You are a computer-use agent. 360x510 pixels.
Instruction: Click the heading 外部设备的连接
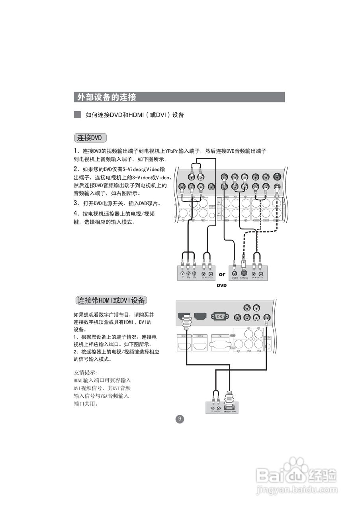coord(107,97)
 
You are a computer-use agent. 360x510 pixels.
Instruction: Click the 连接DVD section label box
coord(90,138)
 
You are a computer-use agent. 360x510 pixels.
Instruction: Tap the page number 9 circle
coord(180,419)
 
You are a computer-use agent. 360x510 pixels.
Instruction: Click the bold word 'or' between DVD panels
coord(222,274)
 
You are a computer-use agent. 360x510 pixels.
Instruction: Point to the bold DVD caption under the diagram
coord(221,286)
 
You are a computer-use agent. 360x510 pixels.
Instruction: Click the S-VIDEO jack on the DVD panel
coord(244,274)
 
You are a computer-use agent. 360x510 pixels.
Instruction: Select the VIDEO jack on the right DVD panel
coord(235,274)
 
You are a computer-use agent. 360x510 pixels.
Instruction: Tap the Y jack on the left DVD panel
coord(182,274)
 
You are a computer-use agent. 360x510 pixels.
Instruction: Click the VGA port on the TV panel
coord(219,317)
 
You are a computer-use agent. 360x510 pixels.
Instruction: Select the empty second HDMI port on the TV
coord(200,317)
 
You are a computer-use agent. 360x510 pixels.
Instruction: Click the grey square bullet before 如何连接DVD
coord(77,115)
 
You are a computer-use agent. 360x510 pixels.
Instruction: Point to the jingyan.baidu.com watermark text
coord(296,489)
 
